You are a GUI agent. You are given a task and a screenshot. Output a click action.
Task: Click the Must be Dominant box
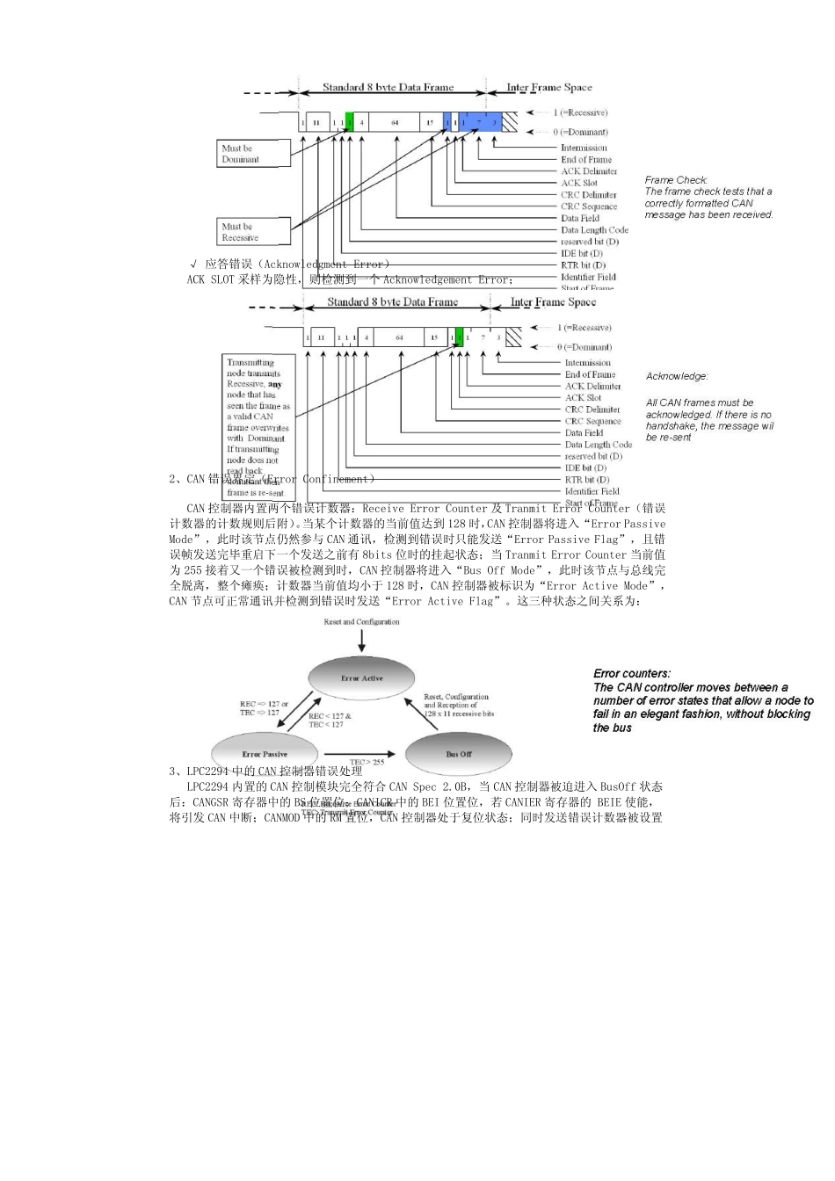[x=253, y=154]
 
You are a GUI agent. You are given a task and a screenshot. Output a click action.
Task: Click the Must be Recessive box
[x=253, y=232]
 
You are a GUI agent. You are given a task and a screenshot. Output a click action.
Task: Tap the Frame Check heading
[x=676, y=180]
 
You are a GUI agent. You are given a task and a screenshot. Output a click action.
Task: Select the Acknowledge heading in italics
[x=677, y=376]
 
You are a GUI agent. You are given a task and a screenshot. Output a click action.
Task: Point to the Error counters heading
[x=632, y=674]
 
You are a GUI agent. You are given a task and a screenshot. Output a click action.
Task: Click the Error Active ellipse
[x=361, y=678]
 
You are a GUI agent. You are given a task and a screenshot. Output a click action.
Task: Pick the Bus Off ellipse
[x=458, y=754]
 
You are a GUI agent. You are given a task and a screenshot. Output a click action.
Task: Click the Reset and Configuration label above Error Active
[x=361, y=622]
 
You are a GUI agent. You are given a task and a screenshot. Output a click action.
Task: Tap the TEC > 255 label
[x=367, y=762]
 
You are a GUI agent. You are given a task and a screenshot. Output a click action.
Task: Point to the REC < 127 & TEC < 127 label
[x=330, y=721]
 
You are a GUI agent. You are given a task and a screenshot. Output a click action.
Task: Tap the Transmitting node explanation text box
[x=258, y=426]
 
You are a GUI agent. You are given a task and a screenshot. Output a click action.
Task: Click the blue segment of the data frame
[x=479, y=122]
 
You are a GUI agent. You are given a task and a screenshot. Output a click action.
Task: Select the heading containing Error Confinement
[x=272, y=479]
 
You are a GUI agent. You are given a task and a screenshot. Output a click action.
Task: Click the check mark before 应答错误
[x=193, y=264]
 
